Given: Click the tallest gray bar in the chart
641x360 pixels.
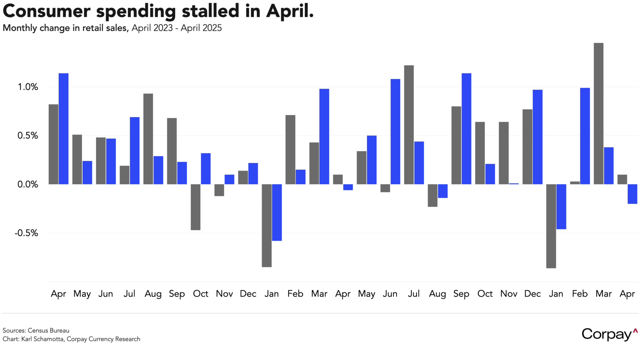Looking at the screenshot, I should pos(599,113).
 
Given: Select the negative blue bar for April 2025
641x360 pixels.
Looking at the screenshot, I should pos(632,194).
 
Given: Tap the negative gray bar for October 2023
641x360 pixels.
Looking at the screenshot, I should pos(196,207).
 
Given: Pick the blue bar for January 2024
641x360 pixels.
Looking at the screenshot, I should pos(277,212).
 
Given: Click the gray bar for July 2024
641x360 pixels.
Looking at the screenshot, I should pos(409,125).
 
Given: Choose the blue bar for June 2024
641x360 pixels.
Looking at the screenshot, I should pos(395,131).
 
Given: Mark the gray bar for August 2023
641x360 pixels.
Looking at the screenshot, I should pos(148,139).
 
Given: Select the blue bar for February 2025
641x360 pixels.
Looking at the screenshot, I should pos(585,136).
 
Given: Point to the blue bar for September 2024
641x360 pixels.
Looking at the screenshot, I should pos(466,129).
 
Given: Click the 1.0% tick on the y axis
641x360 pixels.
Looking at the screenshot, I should pos(28,87).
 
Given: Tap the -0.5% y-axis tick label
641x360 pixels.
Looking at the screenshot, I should pos(26,233).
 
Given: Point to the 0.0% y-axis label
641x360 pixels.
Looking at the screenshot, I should pos(28,185).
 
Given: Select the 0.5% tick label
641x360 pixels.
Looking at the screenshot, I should pos(28,136).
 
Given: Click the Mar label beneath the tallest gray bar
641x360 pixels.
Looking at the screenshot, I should pos(604,294).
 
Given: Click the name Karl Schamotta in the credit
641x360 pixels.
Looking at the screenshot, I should pos(43,339).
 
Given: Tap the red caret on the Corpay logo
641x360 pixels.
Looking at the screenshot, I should pos(635,330).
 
